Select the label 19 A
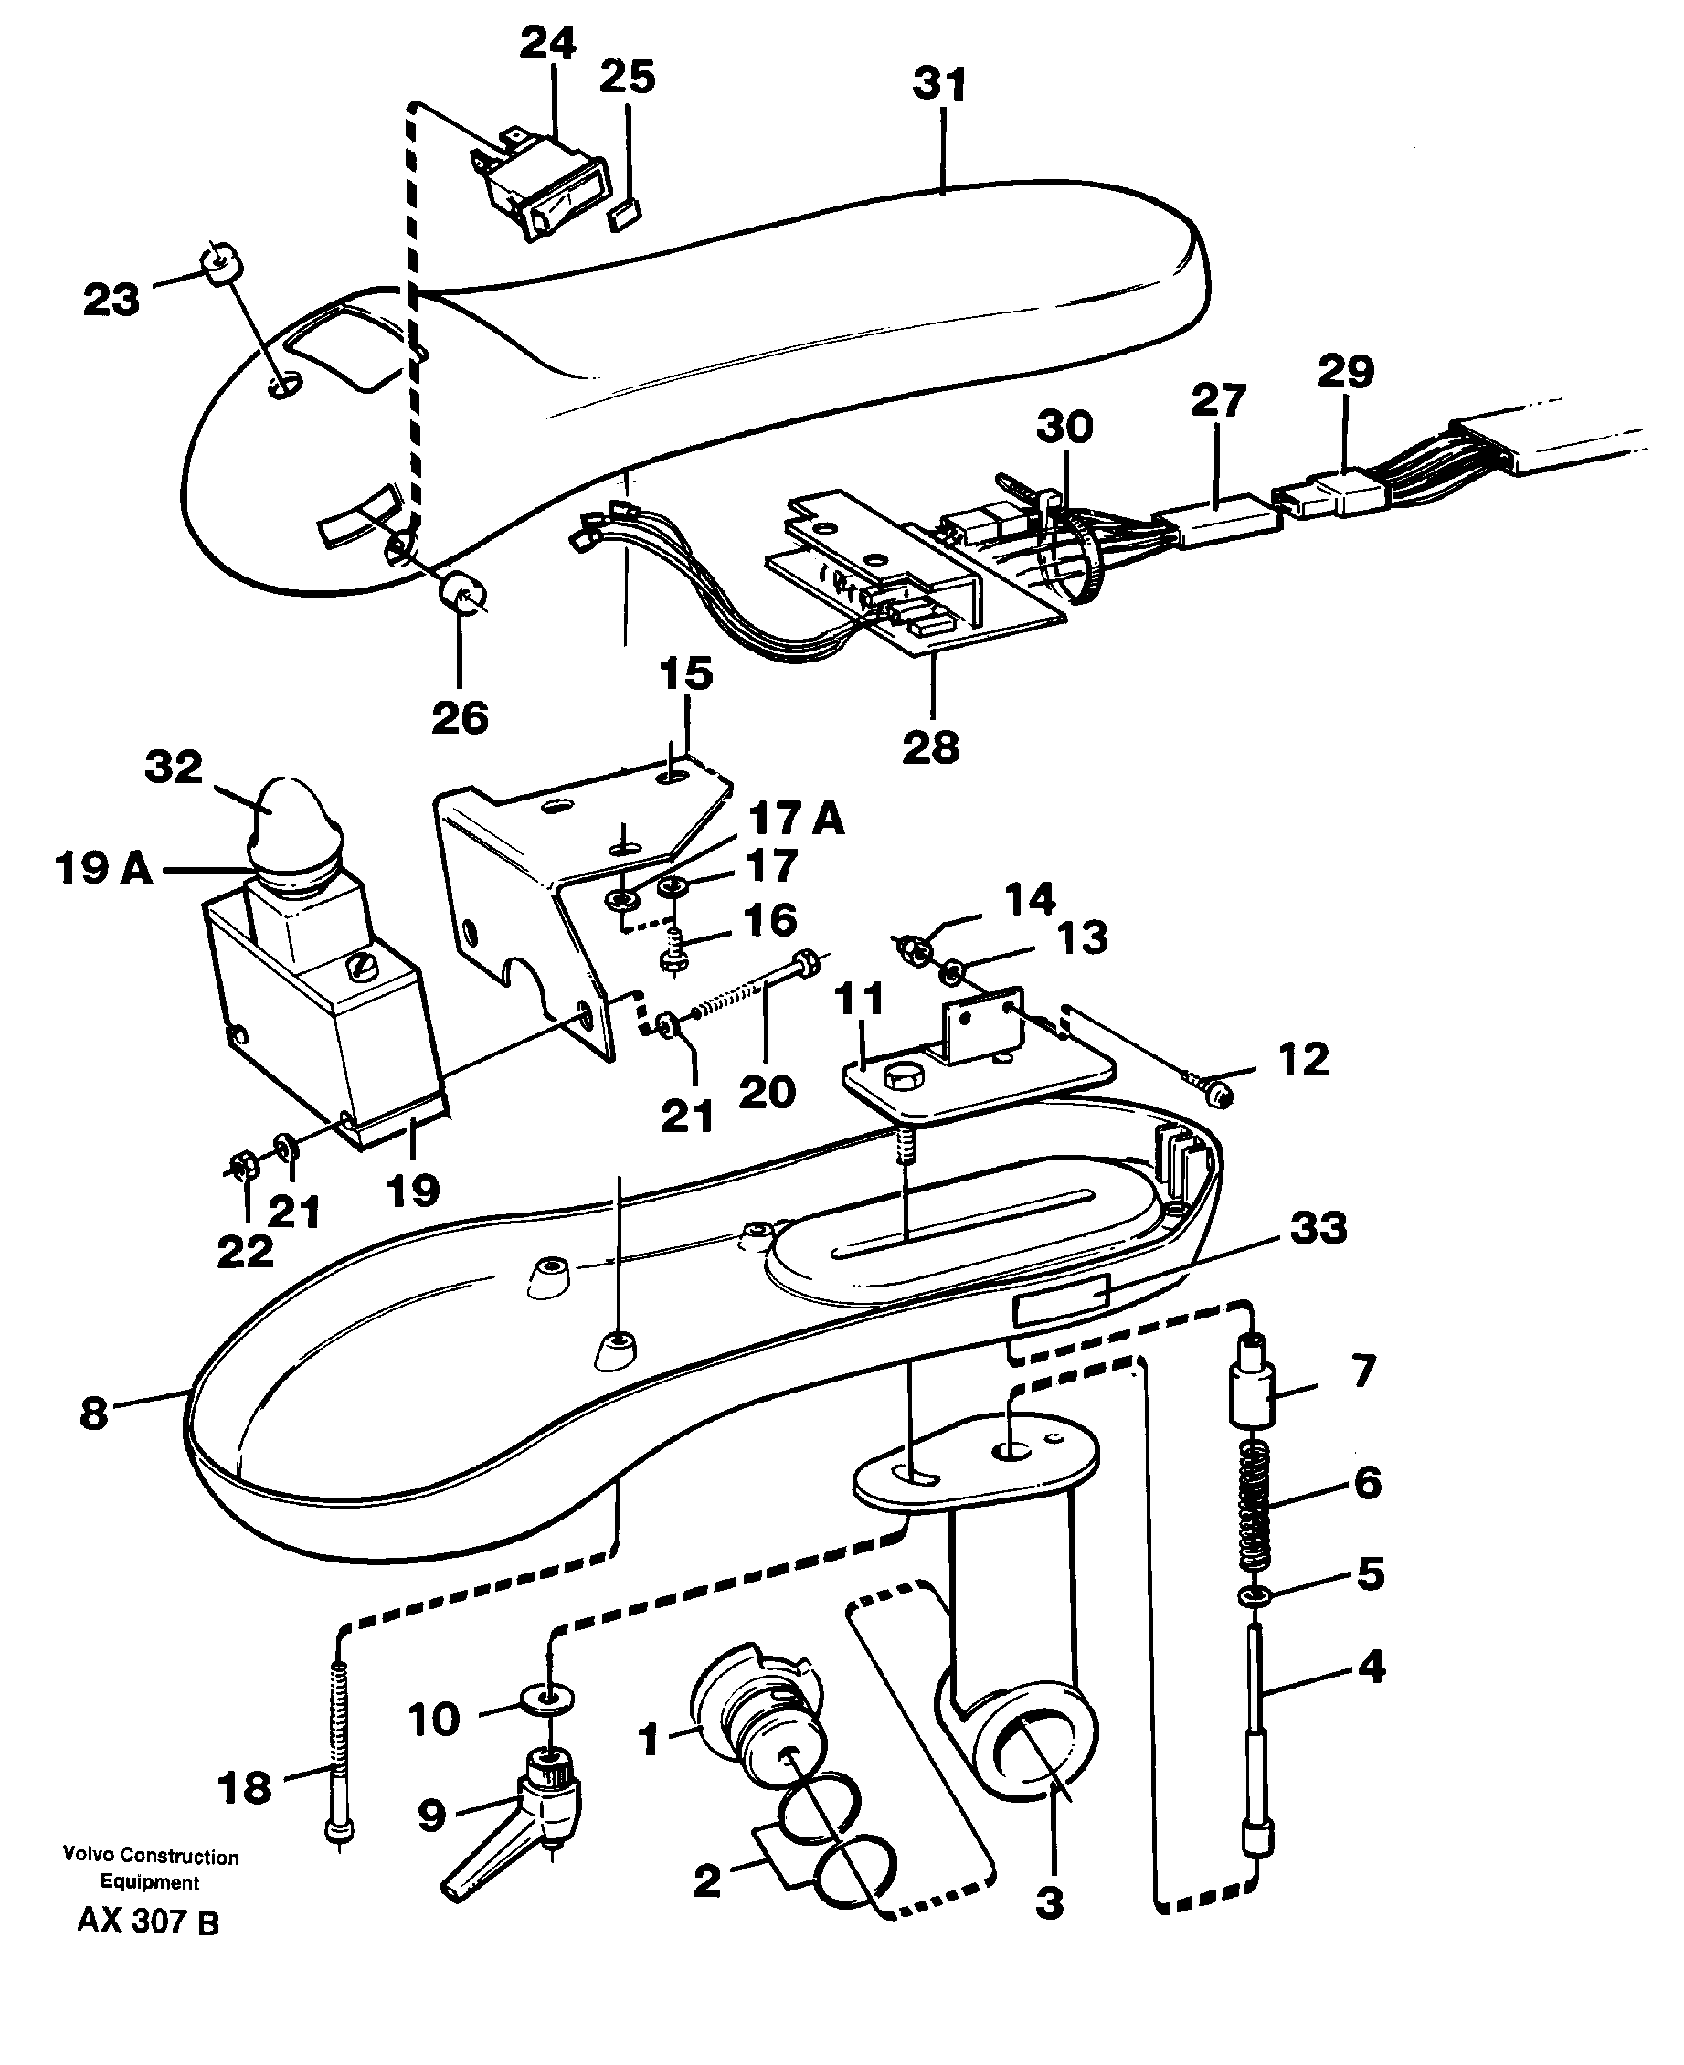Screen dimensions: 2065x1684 [104, 868]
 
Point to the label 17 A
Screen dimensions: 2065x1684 [797, 820]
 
